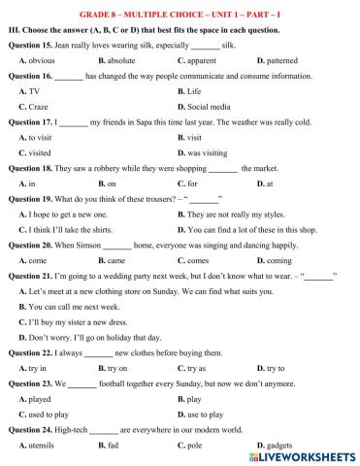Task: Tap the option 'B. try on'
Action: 197,368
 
